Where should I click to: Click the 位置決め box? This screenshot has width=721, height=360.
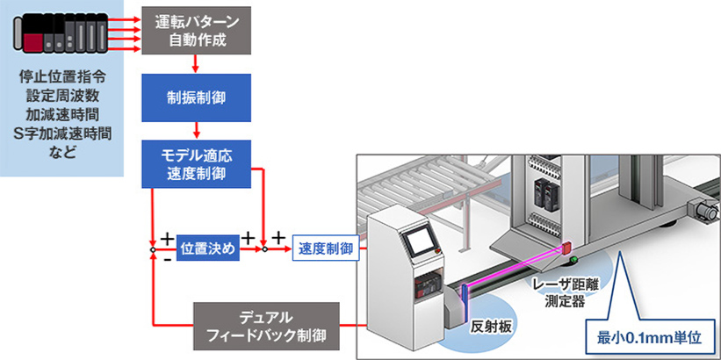click(207, 248)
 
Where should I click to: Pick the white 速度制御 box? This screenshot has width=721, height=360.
click(326, 248)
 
